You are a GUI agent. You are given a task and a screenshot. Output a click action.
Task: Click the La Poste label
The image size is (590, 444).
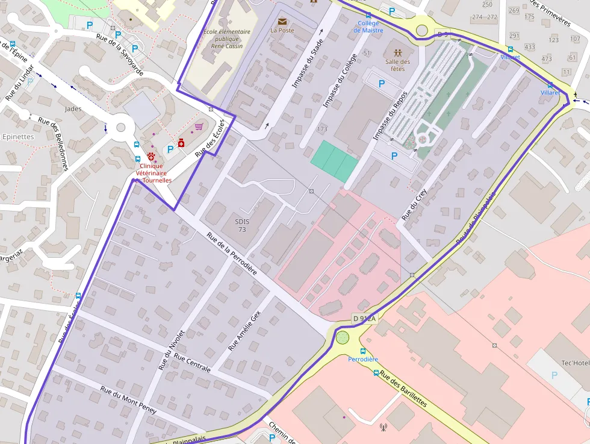click(282, 30)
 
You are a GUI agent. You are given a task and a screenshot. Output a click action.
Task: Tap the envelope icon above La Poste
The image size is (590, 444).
click(282, 22)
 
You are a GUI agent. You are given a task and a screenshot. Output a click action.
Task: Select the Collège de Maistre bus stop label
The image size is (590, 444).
click(368, 27)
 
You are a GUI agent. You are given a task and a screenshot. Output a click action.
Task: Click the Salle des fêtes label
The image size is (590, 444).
click(397, 65)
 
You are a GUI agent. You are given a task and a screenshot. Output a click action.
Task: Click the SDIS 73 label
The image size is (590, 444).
click(241, 225)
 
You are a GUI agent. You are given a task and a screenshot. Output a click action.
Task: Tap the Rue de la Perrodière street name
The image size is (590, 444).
click(232, 254)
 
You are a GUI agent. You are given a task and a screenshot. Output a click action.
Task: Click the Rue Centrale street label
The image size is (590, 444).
click(192, 362)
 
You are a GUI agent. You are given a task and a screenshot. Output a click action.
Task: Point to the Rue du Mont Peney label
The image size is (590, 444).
click(128, 400)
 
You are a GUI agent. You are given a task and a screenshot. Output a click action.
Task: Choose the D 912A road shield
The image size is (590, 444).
click(364, 319)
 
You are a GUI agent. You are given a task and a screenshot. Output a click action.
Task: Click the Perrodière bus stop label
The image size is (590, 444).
click(363, 359)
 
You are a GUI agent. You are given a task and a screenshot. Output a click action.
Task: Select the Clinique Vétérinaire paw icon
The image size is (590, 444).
click(151, 156)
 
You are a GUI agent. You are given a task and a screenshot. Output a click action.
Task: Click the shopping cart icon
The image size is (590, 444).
click(199, 127)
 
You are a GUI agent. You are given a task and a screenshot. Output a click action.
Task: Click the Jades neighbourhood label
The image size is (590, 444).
click(73, 109)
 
